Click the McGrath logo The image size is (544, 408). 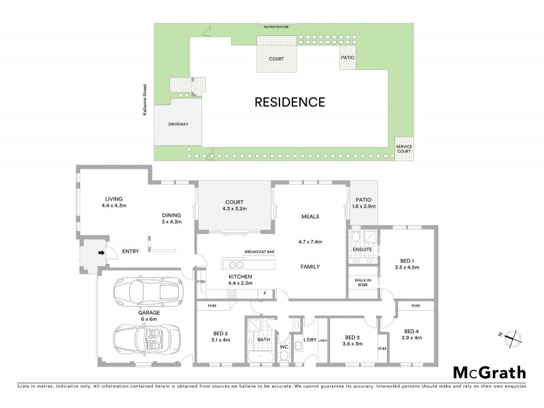point(488,372)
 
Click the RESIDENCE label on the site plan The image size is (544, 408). point(290,103)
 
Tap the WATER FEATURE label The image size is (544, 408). point(277,27)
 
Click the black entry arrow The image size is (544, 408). point(102,254)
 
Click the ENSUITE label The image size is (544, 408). point(362,250)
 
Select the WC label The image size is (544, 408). point(285,347)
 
